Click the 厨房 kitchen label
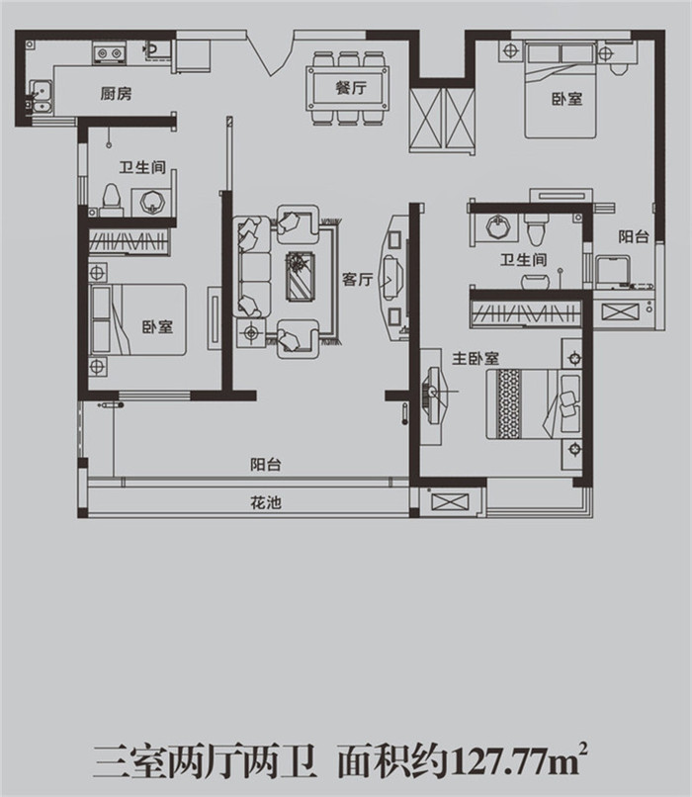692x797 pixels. coord(116,94)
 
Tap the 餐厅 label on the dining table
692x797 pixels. coord(351,88)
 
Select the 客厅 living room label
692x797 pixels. coord(357,279)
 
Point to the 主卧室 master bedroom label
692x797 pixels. coord(476,358)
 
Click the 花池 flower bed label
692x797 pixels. coord(266,502)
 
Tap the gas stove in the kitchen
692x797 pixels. coord(109,52)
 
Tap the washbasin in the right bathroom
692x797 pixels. coord(498,226)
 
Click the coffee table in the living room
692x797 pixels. coord(300,277)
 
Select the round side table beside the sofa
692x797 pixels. coord(251,333)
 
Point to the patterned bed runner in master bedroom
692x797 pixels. coord(509,403)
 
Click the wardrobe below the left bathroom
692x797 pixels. coord(130,241)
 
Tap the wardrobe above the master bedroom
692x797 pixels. coord(526,312)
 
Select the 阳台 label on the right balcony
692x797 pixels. coord(634,236)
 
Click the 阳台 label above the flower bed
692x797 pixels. coord(266,465)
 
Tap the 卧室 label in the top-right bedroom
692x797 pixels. coord(567,99)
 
